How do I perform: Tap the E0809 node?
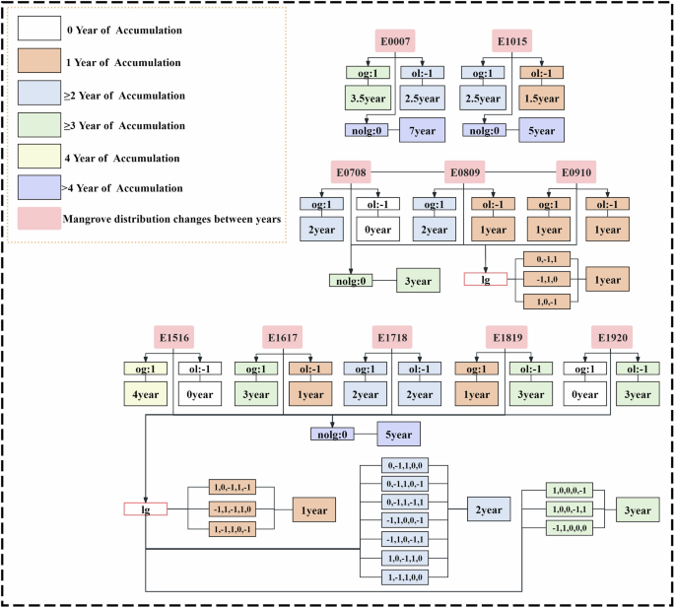(465, 173)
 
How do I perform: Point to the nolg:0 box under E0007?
(370, 130)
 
